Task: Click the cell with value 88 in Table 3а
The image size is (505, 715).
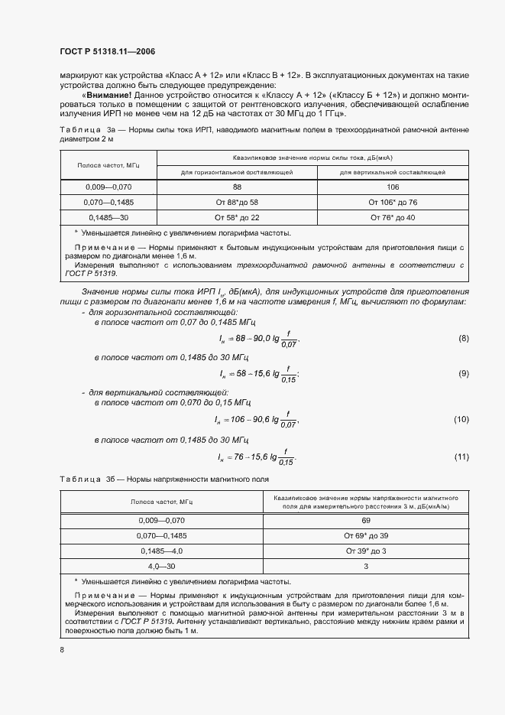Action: click(237, 186)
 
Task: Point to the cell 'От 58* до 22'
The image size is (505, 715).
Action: click(237, 218)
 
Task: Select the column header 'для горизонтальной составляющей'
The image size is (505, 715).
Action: click(237, 172)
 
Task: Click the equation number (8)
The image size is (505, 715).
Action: click(462, 338)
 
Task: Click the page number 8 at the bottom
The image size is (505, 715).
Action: click(62, 649)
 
